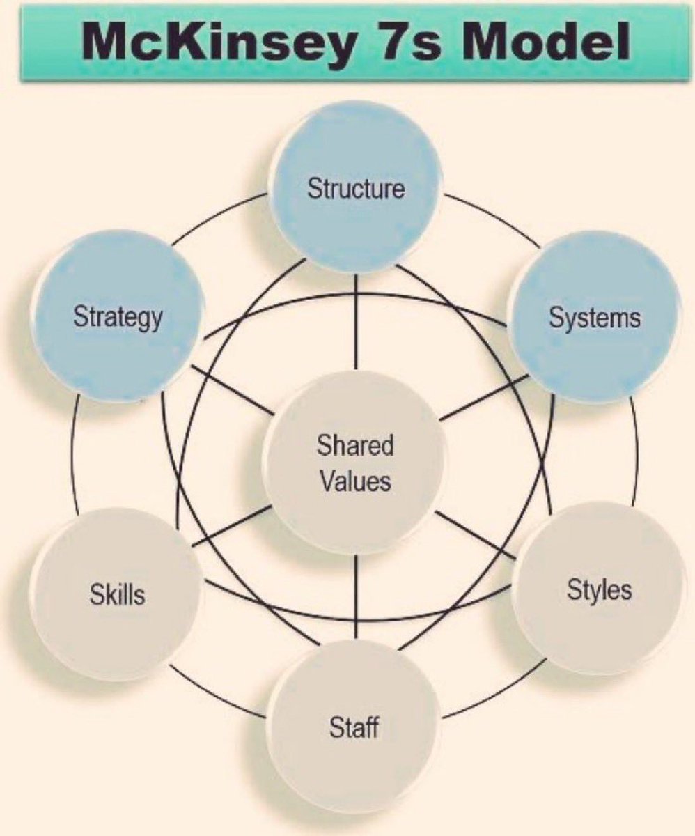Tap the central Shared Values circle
[355, 463]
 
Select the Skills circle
[117, 594]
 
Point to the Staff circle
[354, 728]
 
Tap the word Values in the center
[355, 481]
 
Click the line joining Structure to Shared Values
[356, 320]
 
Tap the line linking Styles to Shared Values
[477, 534]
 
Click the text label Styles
[600, 589]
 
